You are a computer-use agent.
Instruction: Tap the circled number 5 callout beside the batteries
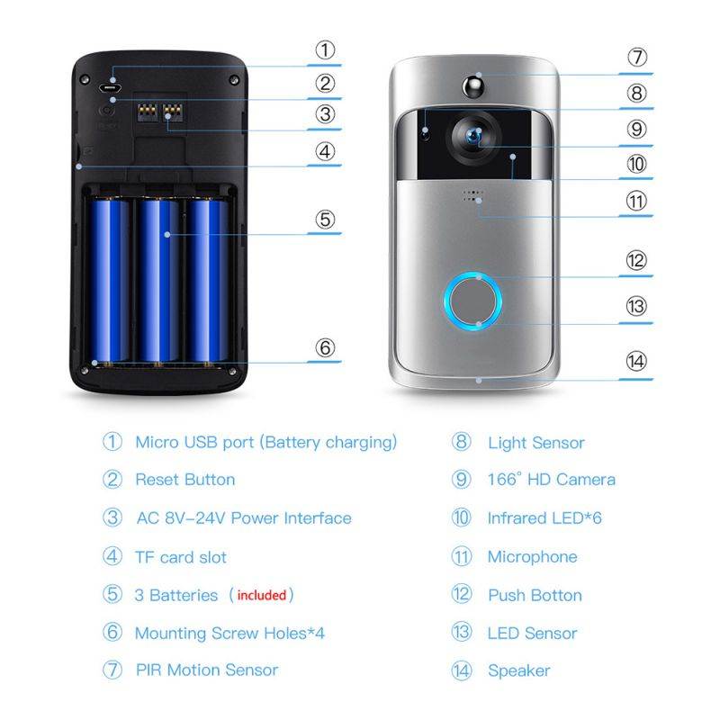[325, 220]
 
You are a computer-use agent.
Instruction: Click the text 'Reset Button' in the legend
[184, 480]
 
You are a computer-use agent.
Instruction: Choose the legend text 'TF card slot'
[180, 557]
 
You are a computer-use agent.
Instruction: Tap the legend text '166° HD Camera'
[551, 480]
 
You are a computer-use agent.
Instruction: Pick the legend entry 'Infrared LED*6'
[544, 518]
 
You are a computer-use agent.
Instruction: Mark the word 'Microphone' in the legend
[532, 557]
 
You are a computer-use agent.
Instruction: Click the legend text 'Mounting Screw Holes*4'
[229, 634]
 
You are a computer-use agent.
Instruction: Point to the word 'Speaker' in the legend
[518, 670]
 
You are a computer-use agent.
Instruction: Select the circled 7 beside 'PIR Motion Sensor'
[112, 670]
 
